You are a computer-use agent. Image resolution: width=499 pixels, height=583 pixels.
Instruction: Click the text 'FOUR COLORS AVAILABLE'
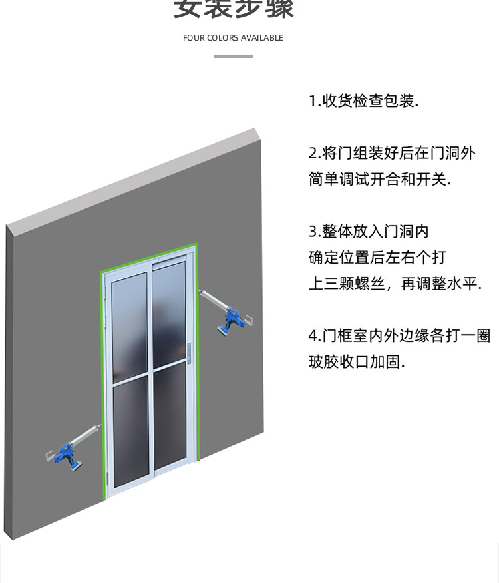[x=233, y=38]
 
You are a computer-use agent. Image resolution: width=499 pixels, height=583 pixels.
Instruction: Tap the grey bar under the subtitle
[x=234, y=56]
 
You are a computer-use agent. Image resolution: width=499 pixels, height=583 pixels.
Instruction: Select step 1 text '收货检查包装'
[x=363, y=101]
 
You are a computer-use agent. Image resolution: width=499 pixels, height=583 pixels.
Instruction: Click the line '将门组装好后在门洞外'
[x=392, y=153]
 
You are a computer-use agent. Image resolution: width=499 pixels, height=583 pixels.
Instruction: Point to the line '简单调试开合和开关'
[x=379, y=179]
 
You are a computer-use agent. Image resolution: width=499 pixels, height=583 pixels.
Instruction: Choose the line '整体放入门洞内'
[x=369, y=231]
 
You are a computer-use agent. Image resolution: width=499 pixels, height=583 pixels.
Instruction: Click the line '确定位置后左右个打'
[x=377, y=257]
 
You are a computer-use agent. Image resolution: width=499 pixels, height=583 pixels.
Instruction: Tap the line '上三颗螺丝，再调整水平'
[x=395, y=284]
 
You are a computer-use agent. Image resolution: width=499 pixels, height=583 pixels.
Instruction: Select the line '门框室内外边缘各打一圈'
[x=399, y=335]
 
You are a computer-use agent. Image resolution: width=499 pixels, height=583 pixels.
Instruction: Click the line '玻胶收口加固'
[x=357, y=362]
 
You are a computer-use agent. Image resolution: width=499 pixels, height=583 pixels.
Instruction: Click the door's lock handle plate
[x=190, y=355]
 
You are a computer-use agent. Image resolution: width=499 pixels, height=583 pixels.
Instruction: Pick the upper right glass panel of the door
[x=169, y=313]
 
